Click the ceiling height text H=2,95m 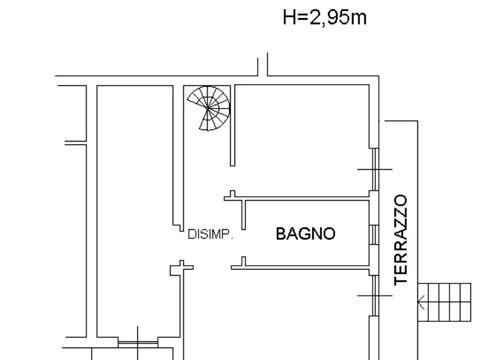click(325, 18)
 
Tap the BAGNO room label click(305, 234)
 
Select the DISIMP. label click(210, 234)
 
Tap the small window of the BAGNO click(372, 235)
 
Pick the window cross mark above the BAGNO click(375, 169)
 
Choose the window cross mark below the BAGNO click(375, 295)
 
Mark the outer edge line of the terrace click(417, 215)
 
